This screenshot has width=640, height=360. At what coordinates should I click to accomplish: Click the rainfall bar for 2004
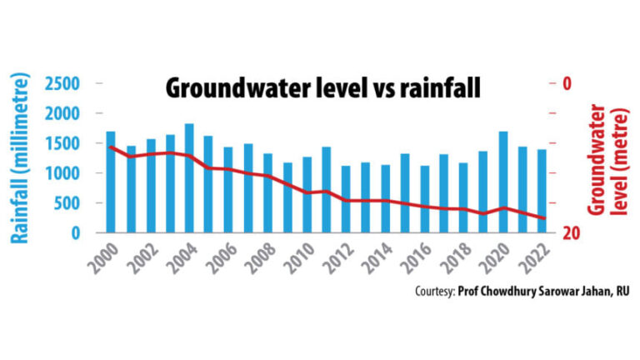(189, 178)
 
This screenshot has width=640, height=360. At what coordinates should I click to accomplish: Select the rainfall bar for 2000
(111, 182)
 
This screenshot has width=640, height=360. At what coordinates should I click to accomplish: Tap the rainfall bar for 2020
(503, 182)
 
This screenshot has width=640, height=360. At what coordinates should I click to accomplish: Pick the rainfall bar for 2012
(346, 199)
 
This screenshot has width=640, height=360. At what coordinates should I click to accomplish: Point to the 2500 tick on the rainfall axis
(62, 84)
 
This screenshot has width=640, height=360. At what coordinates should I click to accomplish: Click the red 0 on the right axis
(567, 84)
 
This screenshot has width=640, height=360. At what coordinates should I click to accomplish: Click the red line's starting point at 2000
(111, 147)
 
